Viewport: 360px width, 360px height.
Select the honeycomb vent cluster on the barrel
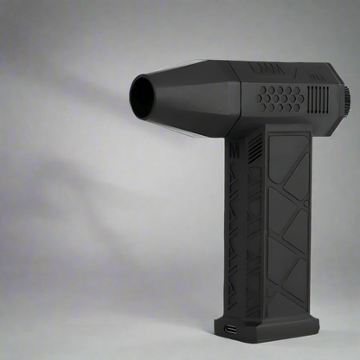point(282,97)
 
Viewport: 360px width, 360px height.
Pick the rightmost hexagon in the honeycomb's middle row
point(300,98)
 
